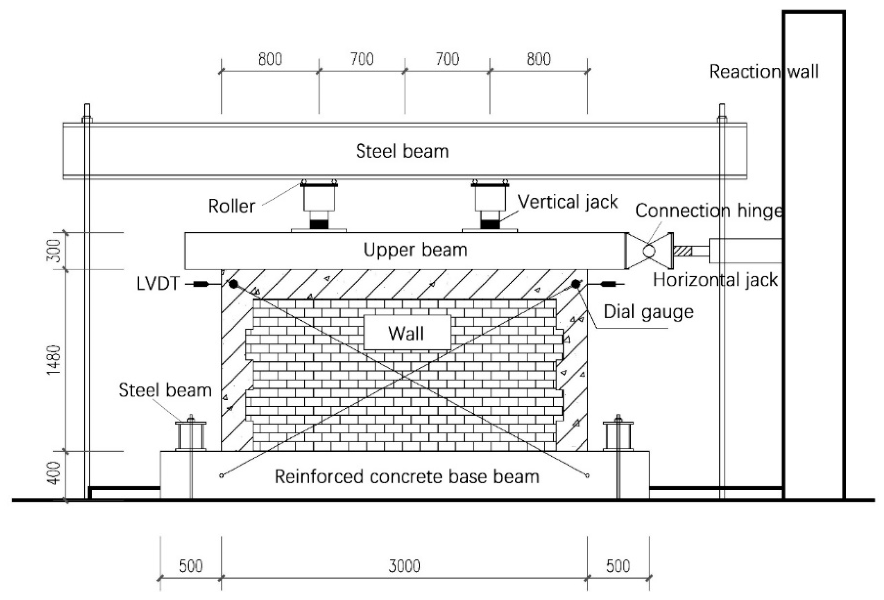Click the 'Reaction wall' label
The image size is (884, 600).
(x=763, y=71)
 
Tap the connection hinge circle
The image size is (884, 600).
(x=649, y=251)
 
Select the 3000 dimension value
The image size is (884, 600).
(x=404, y=566)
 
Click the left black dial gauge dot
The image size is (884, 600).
(x=233, y=284)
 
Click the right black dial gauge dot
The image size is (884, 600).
(x=575, y=284)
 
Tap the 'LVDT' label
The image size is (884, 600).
(x=157, y=284)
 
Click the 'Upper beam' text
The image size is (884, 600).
(x=415, y=250)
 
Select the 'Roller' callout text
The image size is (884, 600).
(x=232, y=206)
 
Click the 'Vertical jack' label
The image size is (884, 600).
(x=568, y=202)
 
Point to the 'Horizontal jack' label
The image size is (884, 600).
(x=715, y=280)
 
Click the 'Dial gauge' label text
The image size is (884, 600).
(x=649, y=312)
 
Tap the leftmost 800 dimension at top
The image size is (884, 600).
(x=270, y=59)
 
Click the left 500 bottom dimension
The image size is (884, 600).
(x=191, y=566)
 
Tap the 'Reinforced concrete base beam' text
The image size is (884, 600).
(x=407, y=476)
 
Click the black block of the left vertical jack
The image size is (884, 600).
(x=319, y=224)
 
